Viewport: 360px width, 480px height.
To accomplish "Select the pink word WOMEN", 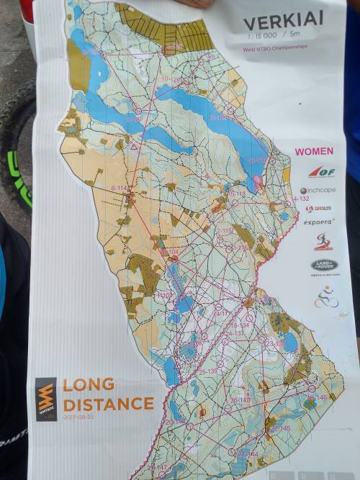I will [314, 151].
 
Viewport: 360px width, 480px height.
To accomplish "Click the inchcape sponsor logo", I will [318, 190].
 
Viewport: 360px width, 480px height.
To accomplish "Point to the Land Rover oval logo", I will [324, 264].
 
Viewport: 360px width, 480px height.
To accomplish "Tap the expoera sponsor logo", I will [318, 222].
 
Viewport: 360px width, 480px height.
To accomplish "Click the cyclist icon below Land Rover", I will [326, 297].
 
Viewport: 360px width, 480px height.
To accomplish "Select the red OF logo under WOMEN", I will [321, 171].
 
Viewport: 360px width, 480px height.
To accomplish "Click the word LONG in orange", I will [88, 384].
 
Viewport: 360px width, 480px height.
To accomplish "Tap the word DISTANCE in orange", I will [108, 403].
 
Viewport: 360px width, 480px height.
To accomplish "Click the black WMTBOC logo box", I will [46, 399].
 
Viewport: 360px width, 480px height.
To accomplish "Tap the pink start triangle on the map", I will [133, 146].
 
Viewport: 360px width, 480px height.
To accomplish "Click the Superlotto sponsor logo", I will [318, 209].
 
